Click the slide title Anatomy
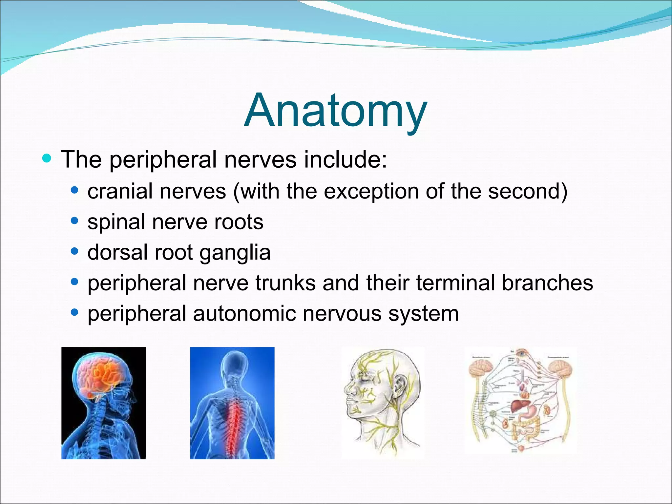pyautogui.click(x=335, y=111)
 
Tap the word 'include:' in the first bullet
pyautogui.click(x=345, y=160)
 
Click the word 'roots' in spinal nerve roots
pyautogui.click(x=239, y=222)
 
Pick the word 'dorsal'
pyautogui.click(x=117, y=252)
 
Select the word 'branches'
pyautogui.click(x=547, y=283)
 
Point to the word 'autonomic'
pyautogui.click(x=244, y=314)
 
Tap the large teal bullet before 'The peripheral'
pyautogui.click(x=47, y=159)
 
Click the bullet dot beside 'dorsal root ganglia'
pyautogui.click(x=75, y=252)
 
